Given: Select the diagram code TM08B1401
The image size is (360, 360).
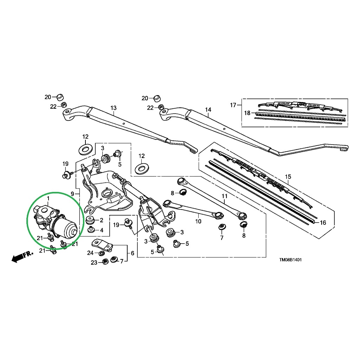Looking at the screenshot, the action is tap(290, 260).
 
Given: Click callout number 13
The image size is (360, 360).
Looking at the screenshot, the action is tap(114, 108).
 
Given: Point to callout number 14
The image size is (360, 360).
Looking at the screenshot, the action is tap(208, 110).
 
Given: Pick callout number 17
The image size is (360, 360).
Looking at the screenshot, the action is tap(233, 105).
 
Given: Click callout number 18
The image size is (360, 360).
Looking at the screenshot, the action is tap(247, 113).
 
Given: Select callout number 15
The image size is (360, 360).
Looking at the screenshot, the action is tap(288, 176).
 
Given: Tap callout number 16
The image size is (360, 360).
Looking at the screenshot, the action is tap(323, 223).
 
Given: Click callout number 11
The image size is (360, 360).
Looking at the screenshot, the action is tap(224, 196).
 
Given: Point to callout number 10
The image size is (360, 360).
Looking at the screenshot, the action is tap(198, 221).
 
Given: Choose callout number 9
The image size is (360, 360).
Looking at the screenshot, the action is tap(72, 194).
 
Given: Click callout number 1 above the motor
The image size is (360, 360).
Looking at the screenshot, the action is tap(48, 198).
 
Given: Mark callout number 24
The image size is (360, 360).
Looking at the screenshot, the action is tap(90, 253).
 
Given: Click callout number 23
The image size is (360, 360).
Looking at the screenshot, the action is tap(94, 262).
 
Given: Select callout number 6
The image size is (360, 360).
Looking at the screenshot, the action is tap(133, 253).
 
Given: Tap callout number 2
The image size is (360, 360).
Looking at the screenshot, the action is tap(102, 220).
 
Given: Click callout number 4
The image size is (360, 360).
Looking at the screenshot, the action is tap(102, 230).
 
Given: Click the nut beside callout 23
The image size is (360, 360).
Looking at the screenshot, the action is tap(105, 261).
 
